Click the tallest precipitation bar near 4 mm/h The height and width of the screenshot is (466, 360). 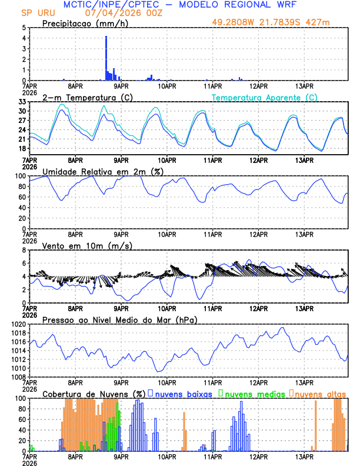(x=106, y=58)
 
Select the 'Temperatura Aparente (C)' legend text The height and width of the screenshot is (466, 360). (x=265, y=97)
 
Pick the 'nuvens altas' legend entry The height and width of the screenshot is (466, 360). (x=319, y=394)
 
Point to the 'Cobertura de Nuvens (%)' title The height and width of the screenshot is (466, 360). (x=94, y=394)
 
